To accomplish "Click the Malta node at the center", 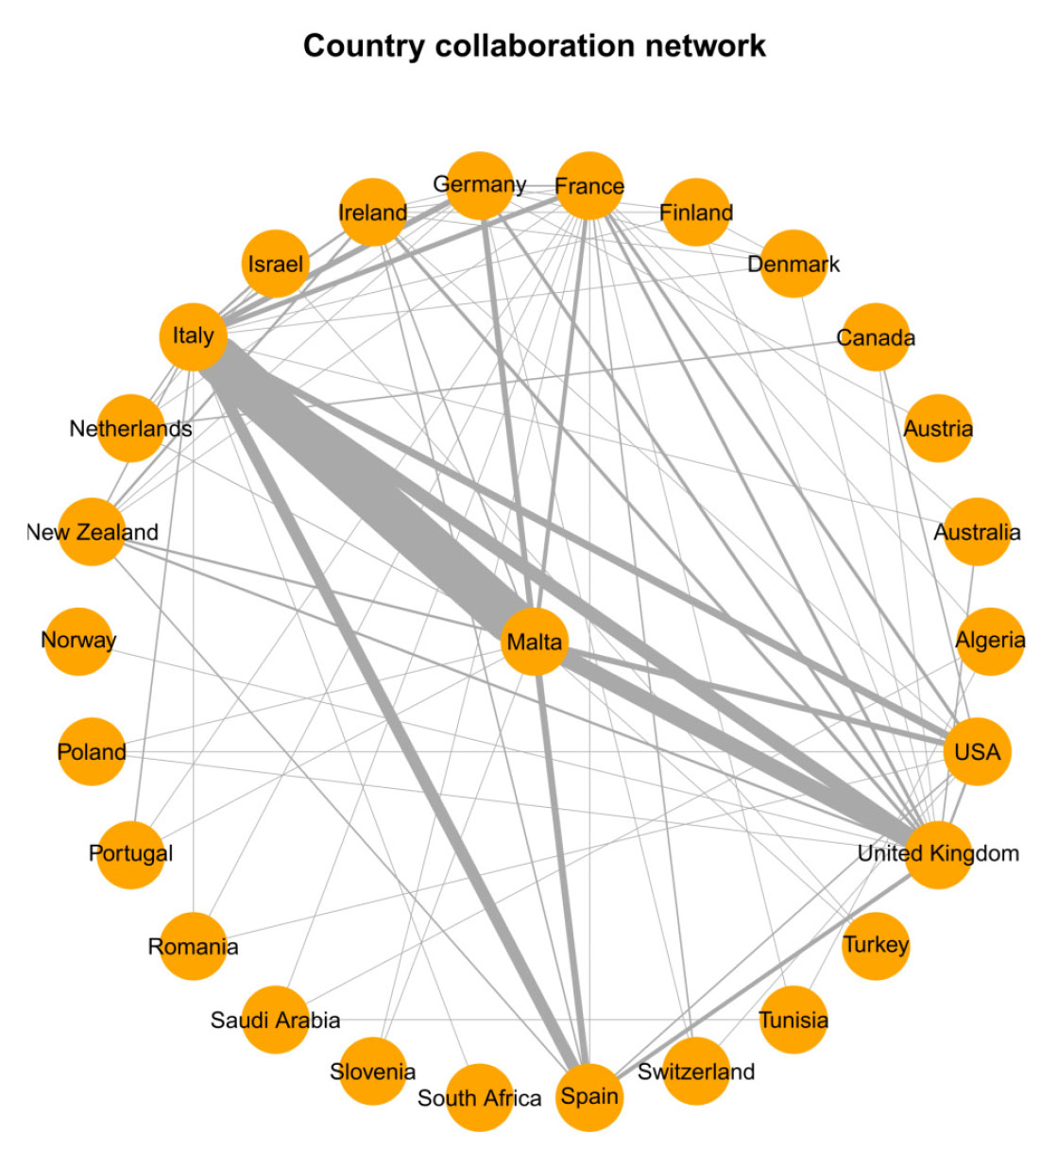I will click(x=535, y=642).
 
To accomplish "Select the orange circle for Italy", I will click(x=194, y=336).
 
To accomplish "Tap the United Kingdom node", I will click(x=938, y=854).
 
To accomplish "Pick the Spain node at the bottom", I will click(x=589, y=1096).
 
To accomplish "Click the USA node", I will click(x=977, y=752).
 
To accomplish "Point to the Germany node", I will click(x=480, y=185).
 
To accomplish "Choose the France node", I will click(x=589, y=185).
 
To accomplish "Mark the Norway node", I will click(x=78, y=641).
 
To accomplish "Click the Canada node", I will click(x=876, y=337).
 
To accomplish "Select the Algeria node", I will click(x=989, y=641).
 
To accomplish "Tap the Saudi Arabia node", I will click(x=275, y=1020).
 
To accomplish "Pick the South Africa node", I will click(x=480, y=1097).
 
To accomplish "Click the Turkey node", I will click(x=876, y=945).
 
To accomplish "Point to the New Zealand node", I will click(x=92, y=532).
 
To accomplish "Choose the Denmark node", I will click(x=793, y=264).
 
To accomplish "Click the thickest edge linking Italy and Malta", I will click(x=368, y=491).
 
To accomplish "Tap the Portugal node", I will click(x=131, y=854).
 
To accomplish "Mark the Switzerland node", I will click(x=696, y=1071).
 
